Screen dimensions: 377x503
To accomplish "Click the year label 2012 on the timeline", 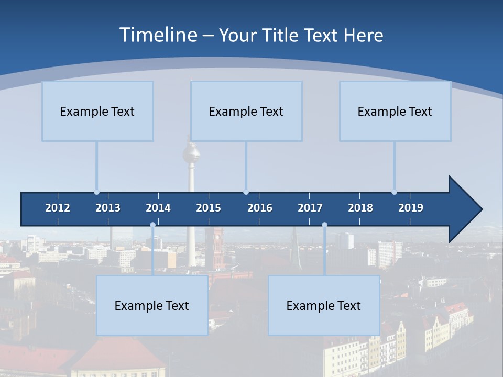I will (x=58, y=208).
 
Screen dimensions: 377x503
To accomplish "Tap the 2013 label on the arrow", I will (x=108, y=208).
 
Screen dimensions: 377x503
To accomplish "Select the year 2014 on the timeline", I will (x=158, y=208).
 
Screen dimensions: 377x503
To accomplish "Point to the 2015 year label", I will (x=209, y=208).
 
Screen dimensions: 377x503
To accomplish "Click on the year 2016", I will (x=260, y=208).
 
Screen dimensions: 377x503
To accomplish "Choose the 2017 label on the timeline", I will (x=310, y=208).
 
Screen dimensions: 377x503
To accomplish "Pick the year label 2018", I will (x=360, y=208).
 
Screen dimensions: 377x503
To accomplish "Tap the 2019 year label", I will (x=411, y=208).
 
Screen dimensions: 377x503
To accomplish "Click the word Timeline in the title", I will (x=157, y=35).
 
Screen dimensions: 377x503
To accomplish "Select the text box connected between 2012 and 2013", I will (x=97, y=111).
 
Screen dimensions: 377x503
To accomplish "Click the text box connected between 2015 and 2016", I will (x=246, y=111).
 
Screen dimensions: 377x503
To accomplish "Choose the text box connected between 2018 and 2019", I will (x=395, y=111).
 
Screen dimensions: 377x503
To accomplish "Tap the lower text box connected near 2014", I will (x=152, y=305).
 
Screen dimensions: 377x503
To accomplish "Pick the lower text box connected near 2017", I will (x=324, y=305).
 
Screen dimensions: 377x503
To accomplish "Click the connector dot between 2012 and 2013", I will (x=96, y=192).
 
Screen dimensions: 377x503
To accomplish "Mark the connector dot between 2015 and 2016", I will (x=246, y=192).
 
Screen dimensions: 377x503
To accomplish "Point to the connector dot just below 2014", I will (x=152, y=225).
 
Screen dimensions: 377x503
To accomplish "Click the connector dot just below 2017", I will (x=324, y=225).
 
